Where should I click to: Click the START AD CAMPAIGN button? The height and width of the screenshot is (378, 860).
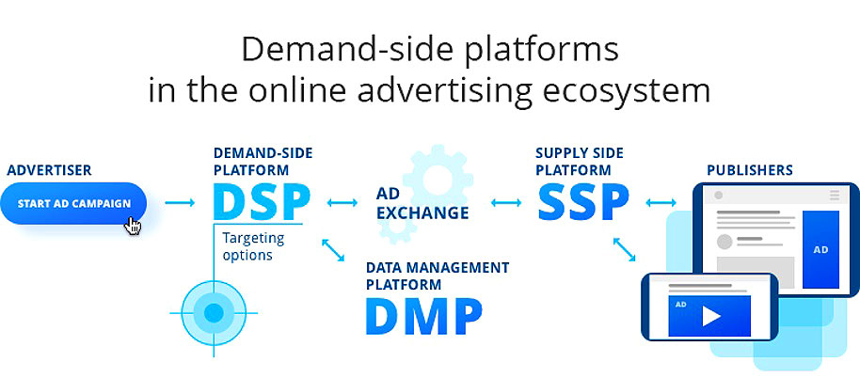point(73,203)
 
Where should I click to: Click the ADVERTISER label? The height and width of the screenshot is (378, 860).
point(49,170)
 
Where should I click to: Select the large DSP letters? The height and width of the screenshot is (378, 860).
point(262,202)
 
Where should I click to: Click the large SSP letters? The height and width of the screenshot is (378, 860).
point(581,202)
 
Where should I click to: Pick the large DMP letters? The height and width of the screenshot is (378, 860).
point(424,316)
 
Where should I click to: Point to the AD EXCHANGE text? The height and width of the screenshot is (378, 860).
point(422,203)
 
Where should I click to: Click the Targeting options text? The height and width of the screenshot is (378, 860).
point(253,246)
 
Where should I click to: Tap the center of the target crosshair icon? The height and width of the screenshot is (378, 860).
point(214,313)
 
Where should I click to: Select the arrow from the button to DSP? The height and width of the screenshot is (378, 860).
point(180,203)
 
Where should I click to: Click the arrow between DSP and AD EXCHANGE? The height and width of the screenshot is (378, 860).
point(342,203)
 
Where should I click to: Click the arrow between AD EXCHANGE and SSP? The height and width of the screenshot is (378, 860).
point(506,203)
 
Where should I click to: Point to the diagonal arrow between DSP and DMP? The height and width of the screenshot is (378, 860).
point(333,250)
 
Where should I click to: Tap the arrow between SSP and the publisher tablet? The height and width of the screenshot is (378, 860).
point(661,203)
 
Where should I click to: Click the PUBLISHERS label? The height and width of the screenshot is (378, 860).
point(750,170)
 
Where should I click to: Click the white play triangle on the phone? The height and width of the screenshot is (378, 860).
point(710,316)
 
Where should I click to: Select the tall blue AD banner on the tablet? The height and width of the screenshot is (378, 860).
point(820,249)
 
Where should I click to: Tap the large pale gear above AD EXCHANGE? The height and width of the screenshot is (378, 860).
point(438,179)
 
